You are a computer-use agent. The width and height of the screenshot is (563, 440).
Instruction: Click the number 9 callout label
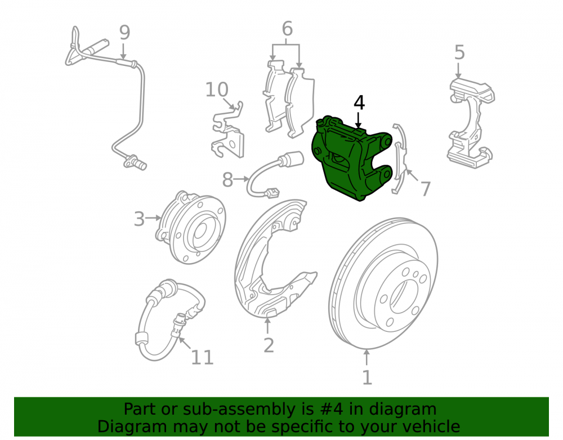point(124,33)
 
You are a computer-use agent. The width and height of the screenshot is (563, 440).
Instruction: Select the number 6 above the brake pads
point(287,29)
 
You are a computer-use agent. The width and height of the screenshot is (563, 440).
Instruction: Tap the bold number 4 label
point(359,103)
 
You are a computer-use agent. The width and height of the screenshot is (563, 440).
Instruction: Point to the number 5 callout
point(459,52)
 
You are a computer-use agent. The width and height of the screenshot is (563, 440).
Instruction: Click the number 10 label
point(217,90)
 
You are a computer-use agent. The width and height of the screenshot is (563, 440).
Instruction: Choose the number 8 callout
point(227,180)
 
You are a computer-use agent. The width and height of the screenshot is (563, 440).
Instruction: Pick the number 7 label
point(425,189)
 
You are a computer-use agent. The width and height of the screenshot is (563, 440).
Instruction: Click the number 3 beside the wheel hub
point(139,219)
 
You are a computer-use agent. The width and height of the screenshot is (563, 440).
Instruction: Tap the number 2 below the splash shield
point(269,345)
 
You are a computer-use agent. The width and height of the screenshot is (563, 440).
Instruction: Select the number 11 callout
point(202,357)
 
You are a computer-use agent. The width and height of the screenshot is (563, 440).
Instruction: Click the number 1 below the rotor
point(367,377)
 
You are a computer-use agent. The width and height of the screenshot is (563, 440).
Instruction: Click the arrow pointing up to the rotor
point(367,358)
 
